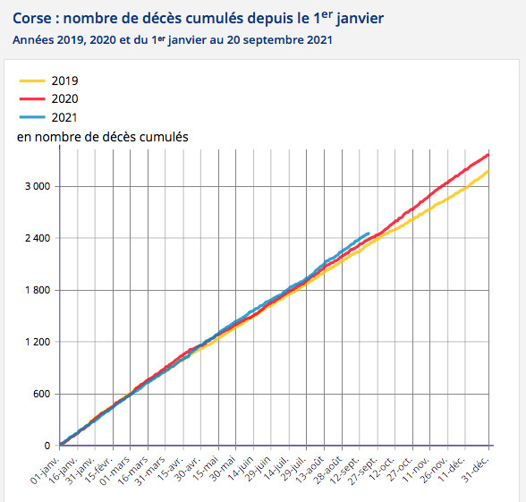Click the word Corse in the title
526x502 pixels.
click(33, 18)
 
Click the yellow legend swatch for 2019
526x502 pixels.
click(31, 81)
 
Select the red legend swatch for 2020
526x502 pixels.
click(31, 98)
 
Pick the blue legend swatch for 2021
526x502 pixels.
click(31, 117)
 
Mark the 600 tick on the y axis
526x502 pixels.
click(39, 394)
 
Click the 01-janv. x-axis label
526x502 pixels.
click(47, 468)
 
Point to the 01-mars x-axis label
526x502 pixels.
click(117, 467)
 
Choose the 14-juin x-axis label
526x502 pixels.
click(241, 467)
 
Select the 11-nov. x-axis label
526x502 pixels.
click(416, 467)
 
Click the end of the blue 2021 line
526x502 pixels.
click(369, 234)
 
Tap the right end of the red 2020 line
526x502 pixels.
click(488, 154)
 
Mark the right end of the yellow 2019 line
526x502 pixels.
click(488, 170)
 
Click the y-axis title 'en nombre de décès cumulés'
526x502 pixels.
click(102, 136)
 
